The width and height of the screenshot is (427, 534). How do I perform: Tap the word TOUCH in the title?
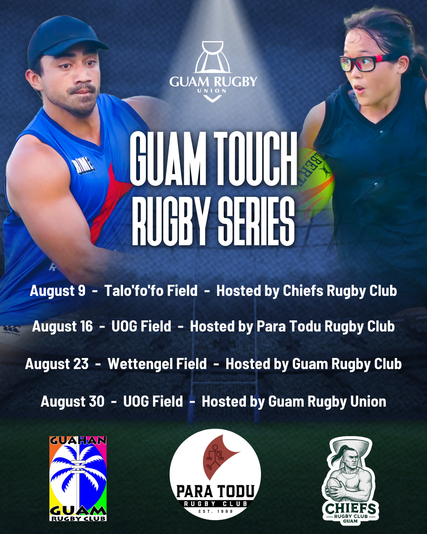pyautogui.click(x=255, y=159)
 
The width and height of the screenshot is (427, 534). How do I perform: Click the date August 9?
pyautogui.click(x=58, y=291)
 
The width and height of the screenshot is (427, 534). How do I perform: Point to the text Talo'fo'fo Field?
pyautogui.click(x=151, y=290)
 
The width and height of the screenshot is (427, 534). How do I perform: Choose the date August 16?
pyautogui.click(x=62, y=326)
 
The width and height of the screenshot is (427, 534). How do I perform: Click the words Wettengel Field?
pyautogui.click(x=157, y=364)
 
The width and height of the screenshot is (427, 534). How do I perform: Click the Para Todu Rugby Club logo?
pyautogui.click(x=215, y=474)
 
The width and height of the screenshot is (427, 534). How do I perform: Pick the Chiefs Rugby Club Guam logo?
pyautogui.click(x=350, y=481)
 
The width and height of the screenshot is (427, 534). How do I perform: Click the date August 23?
pyautogui.click(x=57, y=364)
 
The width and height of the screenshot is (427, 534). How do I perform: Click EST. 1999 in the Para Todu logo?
pyautogui.click(x=215, y=511)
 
